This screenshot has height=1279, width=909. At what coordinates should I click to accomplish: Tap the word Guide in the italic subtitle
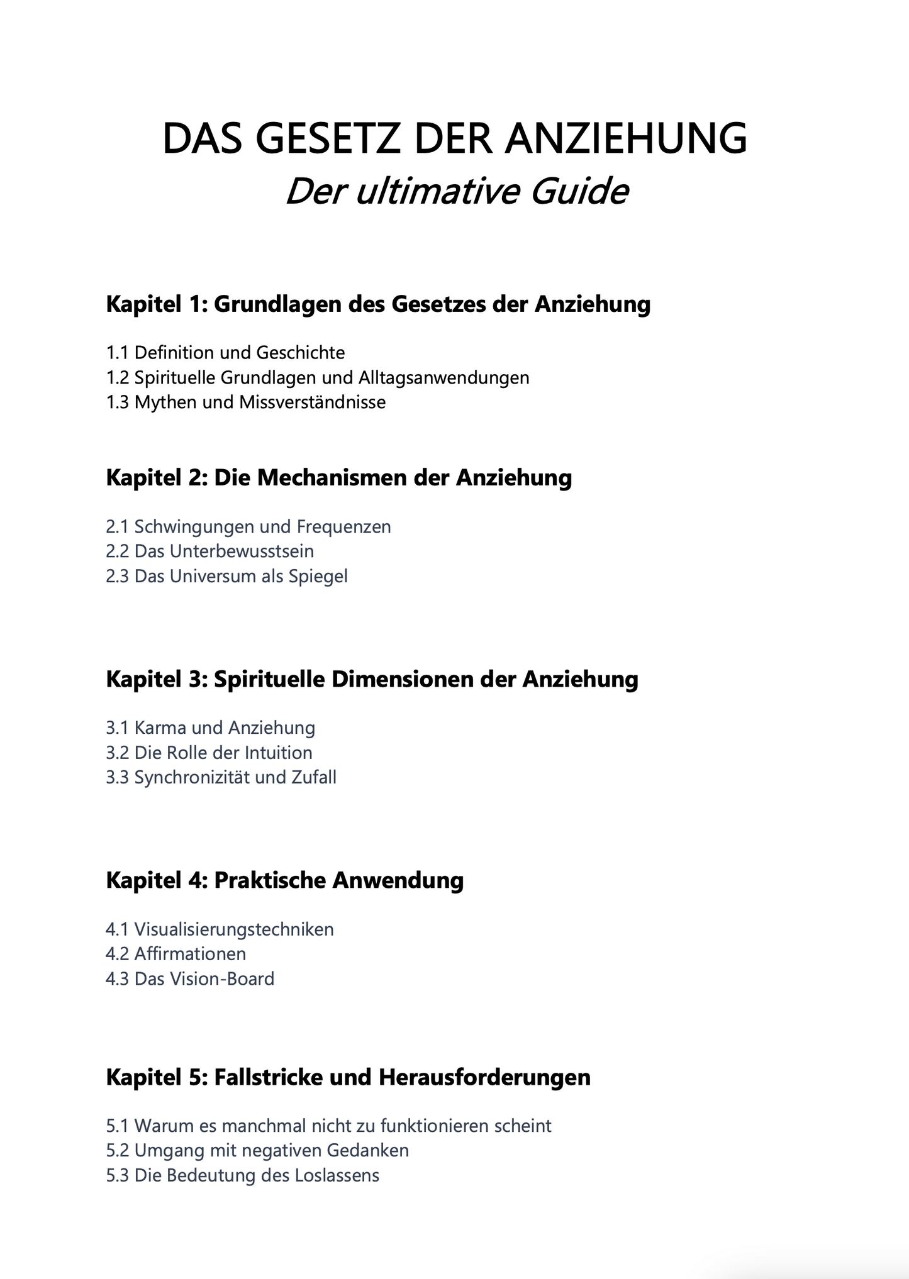[x=579, y=192]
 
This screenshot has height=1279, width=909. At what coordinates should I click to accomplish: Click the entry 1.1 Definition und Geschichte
[x=225, y=353]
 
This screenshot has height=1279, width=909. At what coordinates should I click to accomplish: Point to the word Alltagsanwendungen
[x=443, y=378]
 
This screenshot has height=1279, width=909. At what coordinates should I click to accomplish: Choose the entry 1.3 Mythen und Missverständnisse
[x=245, y=402]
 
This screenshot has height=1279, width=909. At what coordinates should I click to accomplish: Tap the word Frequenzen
[x=343, y=527]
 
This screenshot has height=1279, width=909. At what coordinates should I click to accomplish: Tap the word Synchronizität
[x=192, y=778]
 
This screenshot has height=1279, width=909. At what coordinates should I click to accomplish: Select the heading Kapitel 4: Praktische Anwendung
[x=284, y=881]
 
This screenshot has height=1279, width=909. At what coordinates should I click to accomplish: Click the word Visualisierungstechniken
[x=234, y=929]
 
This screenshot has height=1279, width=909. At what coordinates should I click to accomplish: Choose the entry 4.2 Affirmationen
[x=176, y=954]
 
